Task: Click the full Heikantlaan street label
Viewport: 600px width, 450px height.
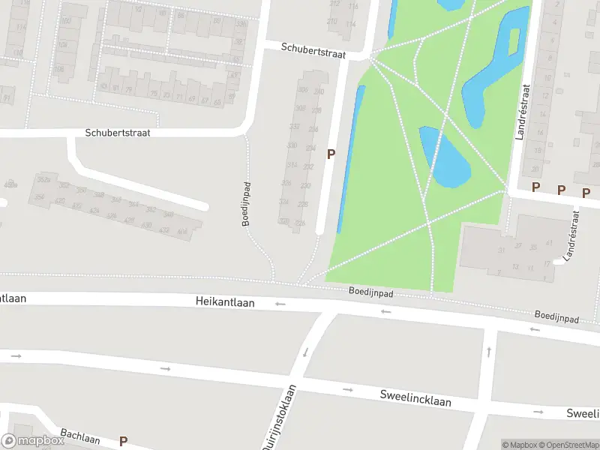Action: click(225, 302)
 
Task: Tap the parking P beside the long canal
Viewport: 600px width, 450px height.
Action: click(330, 154)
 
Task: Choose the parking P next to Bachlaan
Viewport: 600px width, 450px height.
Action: click(123, 442)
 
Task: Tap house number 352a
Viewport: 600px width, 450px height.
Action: click(43, 180)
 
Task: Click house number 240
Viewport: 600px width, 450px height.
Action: click(319, 91)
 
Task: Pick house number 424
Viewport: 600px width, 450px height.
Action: click(94, 211)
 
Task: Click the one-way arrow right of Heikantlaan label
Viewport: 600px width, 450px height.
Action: click(280, 304)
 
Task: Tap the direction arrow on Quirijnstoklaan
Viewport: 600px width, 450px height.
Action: click(305, 352)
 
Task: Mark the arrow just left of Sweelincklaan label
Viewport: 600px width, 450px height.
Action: click(348, 390)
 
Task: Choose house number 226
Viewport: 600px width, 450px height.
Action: click(300, 223)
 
